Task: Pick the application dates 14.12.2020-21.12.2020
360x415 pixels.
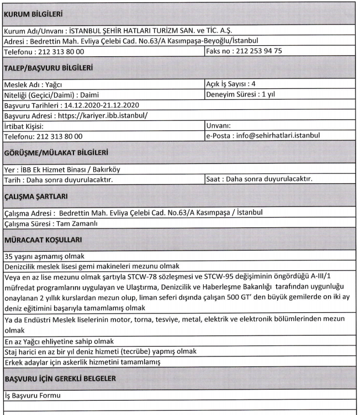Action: click(105, 105)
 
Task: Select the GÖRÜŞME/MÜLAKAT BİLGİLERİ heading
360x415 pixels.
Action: click(56, 152)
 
